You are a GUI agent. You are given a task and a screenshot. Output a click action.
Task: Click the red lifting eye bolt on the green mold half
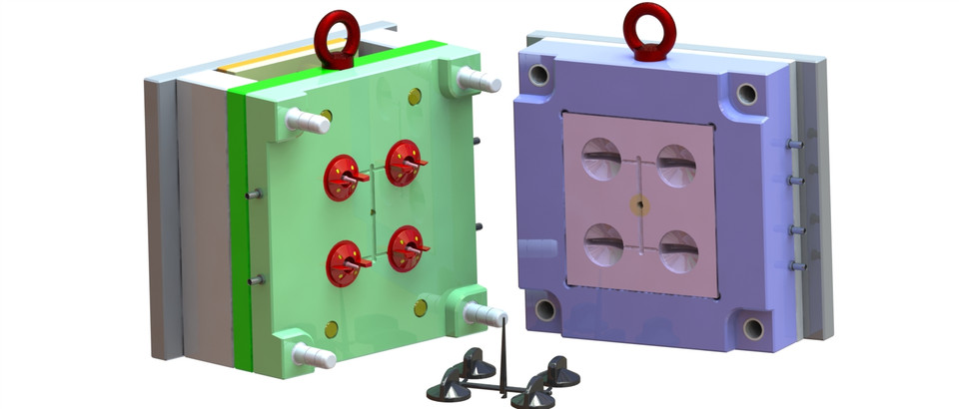[337, 38]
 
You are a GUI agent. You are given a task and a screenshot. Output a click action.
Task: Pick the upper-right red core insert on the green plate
[403, 161]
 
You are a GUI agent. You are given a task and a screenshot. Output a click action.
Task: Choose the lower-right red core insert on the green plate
[407, 246]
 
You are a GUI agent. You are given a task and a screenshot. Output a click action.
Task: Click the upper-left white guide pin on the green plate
[307, 121]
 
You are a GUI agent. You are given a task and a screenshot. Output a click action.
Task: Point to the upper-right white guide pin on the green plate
[477, 79]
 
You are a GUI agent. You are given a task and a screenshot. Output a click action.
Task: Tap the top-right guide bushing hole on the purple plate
[745, 93]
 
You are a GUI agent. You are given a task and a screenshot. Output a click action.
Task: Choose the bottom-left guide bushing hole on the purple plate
[545, 309]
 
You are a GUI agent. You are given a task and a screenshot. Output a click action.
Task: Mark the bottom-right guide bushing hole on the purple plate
[752, 327]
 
